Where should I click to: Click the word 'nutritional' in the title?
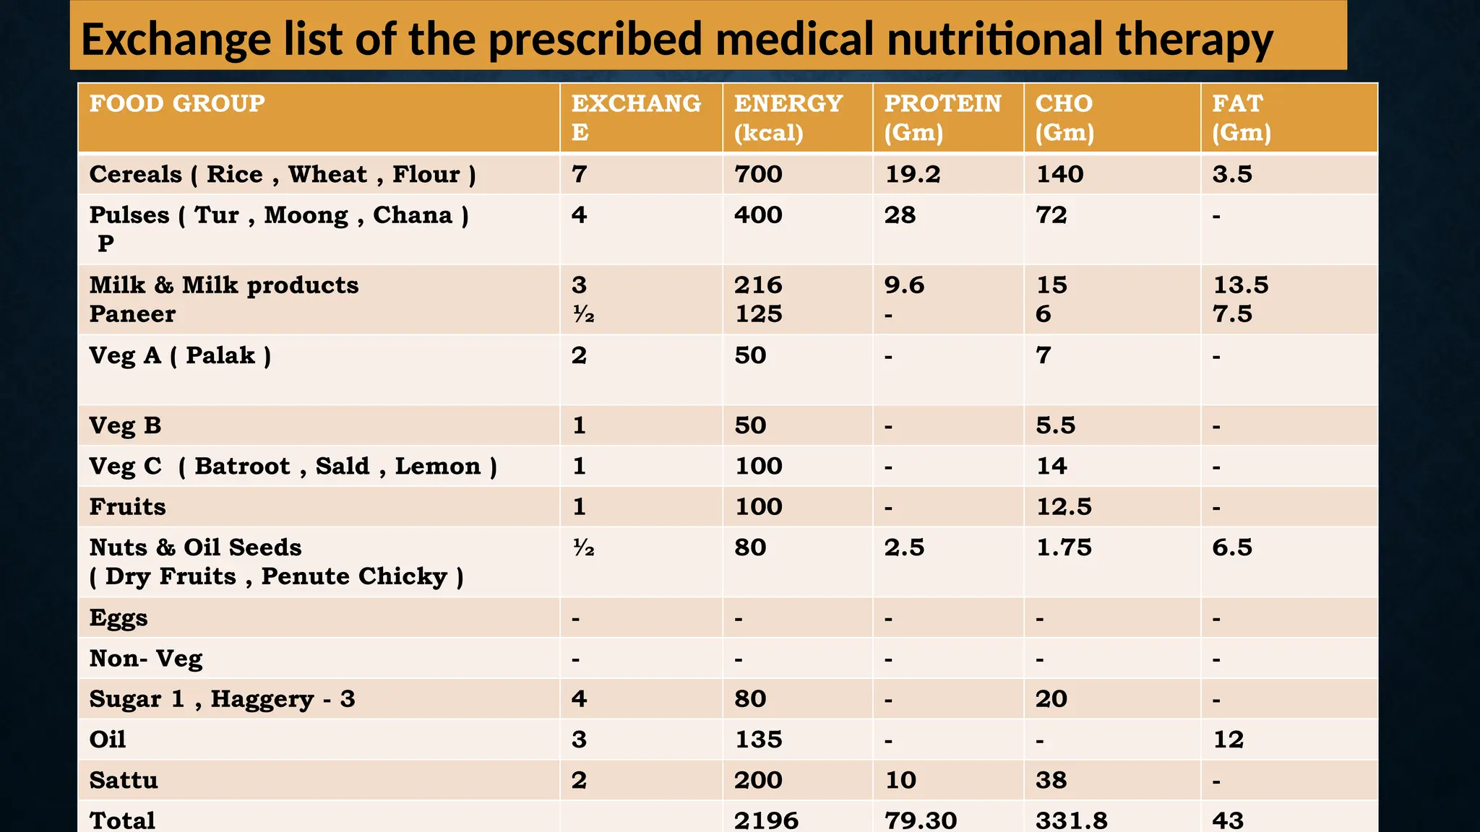tap(994, 39)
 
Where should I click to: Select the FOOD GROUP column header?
tap(177, 103)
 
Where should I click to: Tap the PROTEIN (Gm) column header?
tap(942, 117)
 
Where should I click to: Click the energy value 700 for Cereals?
tap(758, 174)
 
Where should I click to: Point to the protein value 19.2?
tap(912, 174)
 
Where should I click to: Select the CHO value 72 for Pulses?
tap(1051, 215)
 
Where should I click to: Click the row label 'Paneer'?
tap(132, 314)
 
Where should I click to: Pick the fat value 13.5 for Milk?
tap(1240, 285)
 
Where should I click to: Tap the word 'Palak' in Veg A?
tap(220, 355)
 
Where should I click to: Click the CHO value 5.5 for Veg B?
tap(1055, 425)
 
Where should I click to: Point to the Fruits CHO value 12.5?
tap(1064, 507)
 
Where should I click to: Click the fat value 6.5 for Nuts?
tap(1231, 547)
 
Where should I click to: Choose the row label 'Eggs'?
tap(119, 618)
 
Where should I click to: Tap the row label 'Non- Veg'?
tap(146, 659)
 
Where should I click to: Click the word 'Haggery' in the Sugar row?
tap(262, 699)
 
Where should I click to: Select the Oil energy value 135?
tap(758, 740)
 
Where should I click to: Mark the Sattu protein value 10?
tap(900, 780)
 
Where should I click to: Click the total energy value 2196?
tap(766, 820)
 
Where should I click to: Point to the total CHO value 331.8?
tap(1071, 820)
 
